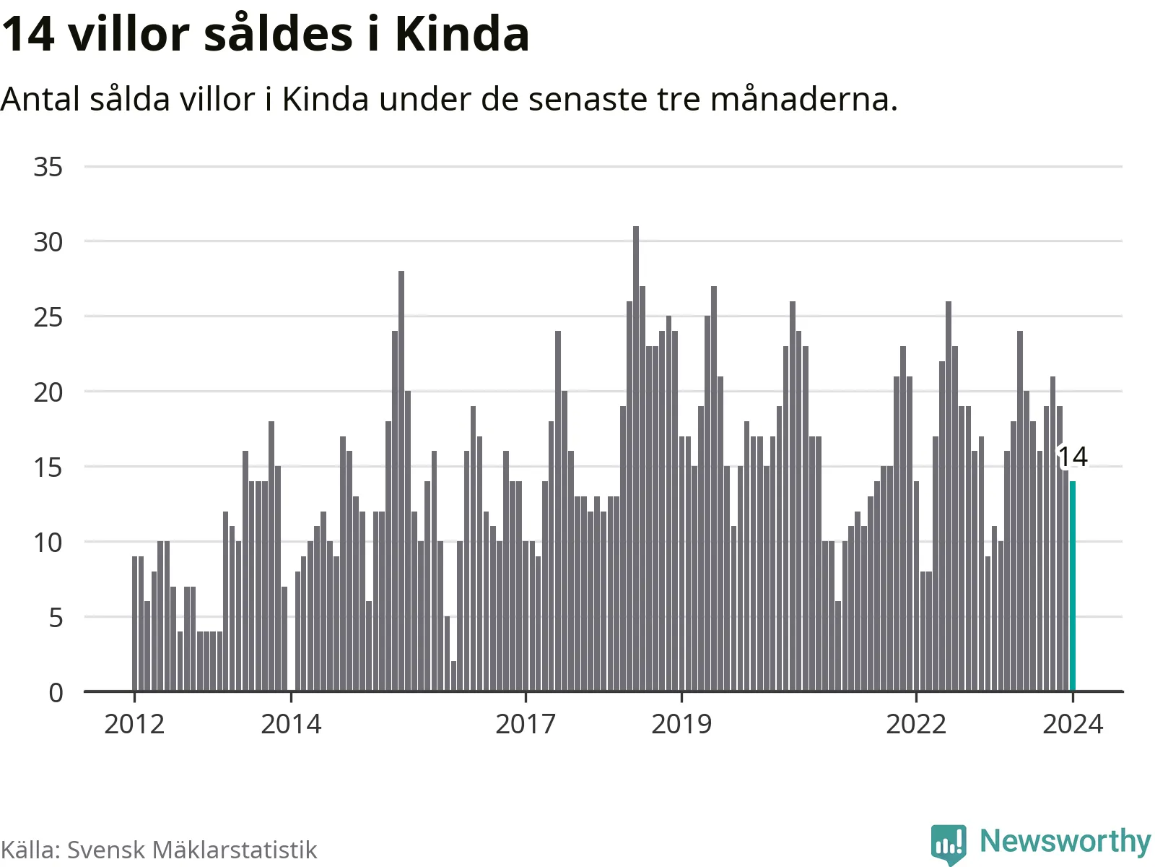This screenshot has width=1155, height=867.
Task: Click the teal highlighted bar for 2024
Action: pyautogui.click(x=1073, y=586)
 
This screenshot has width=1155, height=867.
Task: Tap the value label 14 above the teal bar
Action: pyautogui.click(x=1073, y=457)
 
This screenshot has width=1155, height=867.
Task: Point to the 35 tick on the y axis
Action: pyautogui.click(x=48, y=168)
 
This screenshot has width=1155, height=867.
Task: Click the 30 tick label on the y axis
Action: pyautogui.click(x=48, y=242)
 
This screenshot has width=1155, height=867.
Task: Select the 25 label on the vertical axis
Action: pyautogui.click(x=48, y=317)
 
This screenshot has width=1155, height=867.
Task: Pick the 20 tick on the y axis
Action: pyautogui.click(x=48, y=392)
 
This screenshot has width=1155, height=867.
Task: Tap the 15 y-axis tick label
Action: pyautogui.click(x=48, y=467)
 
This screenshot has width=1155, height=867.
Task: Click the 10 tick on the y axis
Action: pyautogui.click(x=48, y=543)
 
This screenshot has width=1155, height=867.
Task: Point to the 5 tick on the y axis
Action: pyautogui.click(x=56, y=618)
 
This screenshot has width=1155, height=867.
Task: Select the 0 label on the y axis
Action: pyautogui.click(x=56, y=693)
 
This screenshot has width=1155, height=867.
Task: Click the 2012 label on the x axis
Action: pyautogui.click(x=134, y=724)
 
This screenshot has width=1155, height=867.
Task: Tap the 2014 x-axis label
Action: pyautogui.click(x=291, y=724)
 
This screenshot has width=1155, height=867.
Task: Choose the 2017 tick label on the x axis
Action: pyautogui.click(x=526, y=724)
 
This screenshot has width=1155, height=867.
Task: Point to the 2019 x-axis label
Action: pyautogui.click(x=681, y=724)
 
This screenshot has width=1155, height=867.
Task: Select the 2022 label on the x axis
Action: pyautogui.click(x=916, y=724)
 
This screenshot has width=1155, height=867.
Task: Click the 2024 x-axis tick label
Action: pyautogui.click(x=1073, y=724)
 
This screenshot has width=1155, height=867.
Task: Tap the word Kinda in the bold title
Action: pyautogui.click(x=462, y=34)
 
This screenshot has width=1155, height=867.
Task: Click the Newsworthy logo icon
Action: pyautogui.click(x=948, y=843)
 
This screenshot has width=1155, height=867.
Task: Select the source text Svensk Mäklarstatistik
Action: pyautogui.click(x=192, y=850)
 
